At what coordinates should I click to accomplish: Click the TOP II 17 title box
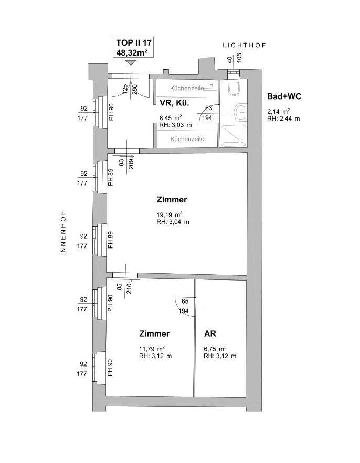pos(134,47)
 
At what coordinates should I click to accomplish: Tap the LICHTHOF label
pos(244,45)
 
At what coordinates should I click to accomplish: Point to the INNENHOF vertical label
pos(63,233)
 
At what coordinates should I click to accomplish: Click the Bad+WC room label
pos(284,96)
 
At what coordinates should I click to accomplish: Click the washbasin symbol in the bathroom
pos(240,113)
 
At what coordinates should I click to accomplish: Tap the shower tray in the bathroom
pos(233,136)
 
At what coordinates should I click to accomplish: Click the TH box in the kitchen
pos(210,85)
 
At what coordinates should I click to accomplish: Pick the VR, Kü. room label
pos(174,103)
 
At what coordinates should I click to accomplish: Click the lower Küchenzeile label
pos(187,139)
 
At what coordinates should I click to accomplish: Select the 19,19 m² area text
pos(170,214)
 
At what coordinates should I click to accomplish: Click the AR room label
pos(210,333)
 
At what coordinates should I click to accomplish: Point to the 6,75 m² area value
pos(215,349)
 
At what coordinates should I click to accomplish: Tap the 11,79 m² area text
pos(152,349)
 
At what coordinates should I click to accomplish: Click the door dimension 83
pos(122,163)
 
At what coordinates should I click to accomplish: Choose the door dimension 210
pos(129,288)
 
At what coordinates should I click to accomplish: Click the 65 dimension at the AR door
pos(185,302)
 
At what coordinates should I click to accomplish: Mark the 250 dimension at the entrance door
pos(135,90)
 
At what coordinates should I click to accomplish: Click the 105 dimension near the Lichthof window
pos(239,58)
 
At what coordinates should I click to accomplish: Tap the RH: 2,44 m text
pos(284,119)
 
